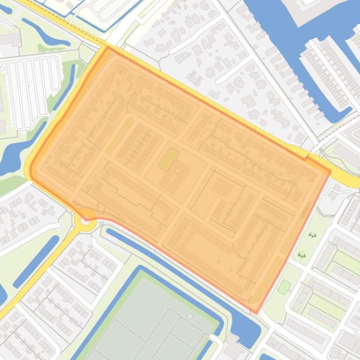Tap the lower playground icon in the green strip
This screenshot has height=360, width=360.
(x=301, y=255)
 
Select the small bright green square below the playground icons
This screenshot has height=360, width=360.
(x=284, y=287)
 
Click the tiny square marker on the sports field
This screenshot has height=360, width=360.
(x=190, y=317)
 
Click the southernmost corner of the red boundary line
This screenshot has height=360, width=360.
(x=256, y=313)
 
